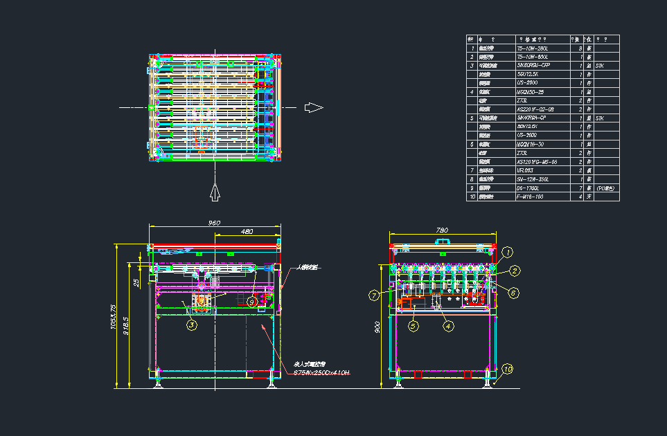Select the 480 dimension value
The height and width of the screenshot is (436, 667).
pos(247,231)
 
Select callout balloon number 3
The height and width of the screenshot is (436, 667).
pos(191,325)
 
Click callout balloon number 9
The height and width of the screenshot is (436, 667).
pos(252,302)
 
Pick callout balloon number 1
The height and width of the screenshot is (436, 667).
pos(508,252)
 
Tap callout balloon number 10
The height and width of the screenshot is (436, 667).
pos(508,370)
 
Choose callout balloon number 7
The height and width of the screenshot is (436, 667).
pos(374,296)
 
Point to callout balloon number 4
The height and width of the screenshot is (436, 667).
pos(448,325)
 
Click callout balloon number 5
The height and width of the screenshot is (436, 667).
pos(413,325)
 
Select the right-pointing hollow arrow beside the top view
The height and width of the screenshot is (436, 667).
pos(314,107)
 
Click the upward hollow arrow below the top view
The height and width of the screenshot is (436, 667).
pos(215,191)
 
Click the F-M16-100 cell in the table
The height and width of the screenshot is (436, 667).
pos(531,197)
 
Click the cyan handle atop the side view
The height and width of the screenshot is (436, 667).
pos(442,241)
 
